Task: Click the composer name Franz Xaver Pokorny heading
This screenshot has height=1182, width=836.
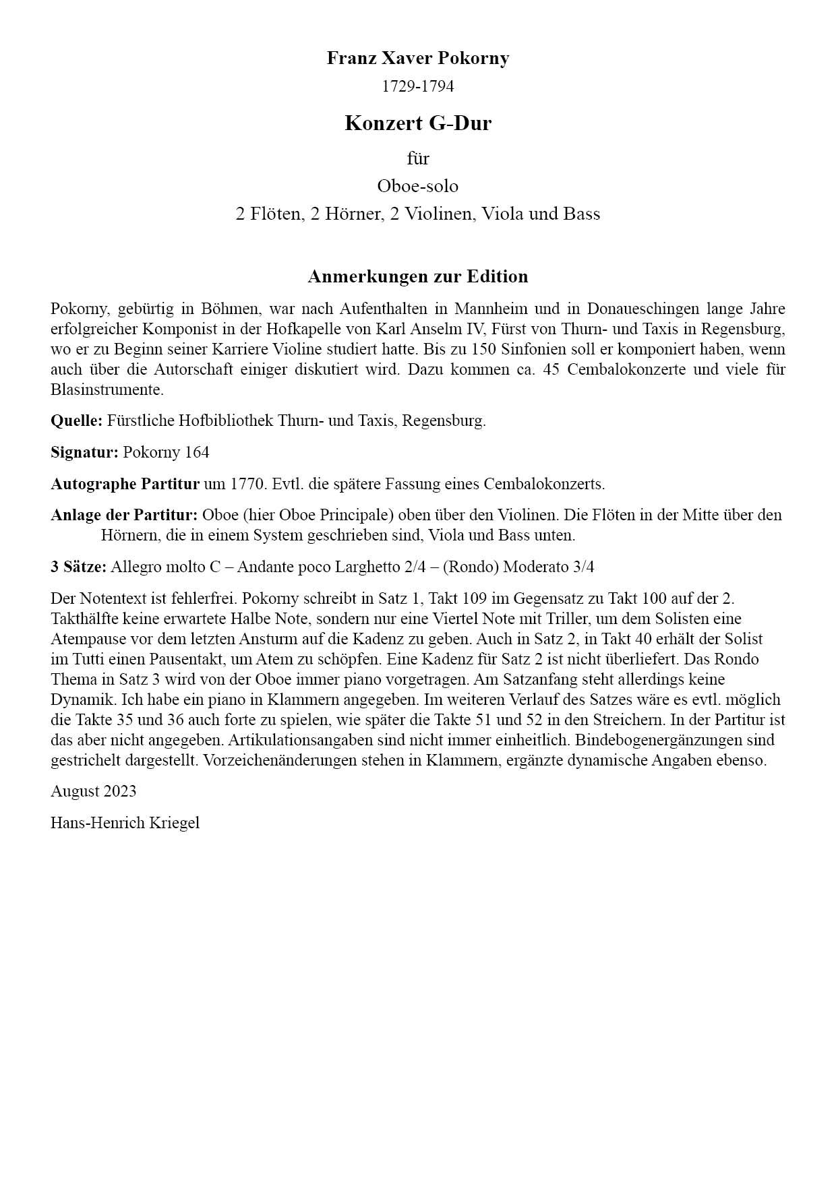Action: click(x=417, y=59)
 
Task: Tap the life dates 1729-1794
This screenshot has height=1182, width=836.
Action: click(x=417, y=86)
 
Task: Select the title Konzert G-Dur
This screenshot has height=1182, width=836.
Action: click(x=417, y=123)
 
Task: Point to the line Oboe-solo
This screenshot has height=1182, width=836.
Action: click(x=417, y=186)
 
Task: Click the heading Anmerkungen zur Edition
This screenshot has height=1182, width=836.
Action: click(x=417, y=276)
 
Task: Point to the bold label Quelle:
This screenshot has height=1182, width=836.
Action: click(x=76, y=421)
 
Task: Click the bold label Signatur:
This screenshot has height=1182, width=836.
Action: click(x=84, y=452)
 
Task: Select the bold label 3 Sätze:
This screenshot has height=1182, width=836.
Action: click(x=78, y=567)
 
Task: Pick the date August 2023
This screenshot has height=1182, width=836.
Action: click(x=93, y=791)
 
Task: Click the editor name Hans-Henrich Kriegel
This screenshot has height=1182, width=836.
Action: click(x=125, y=823)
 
